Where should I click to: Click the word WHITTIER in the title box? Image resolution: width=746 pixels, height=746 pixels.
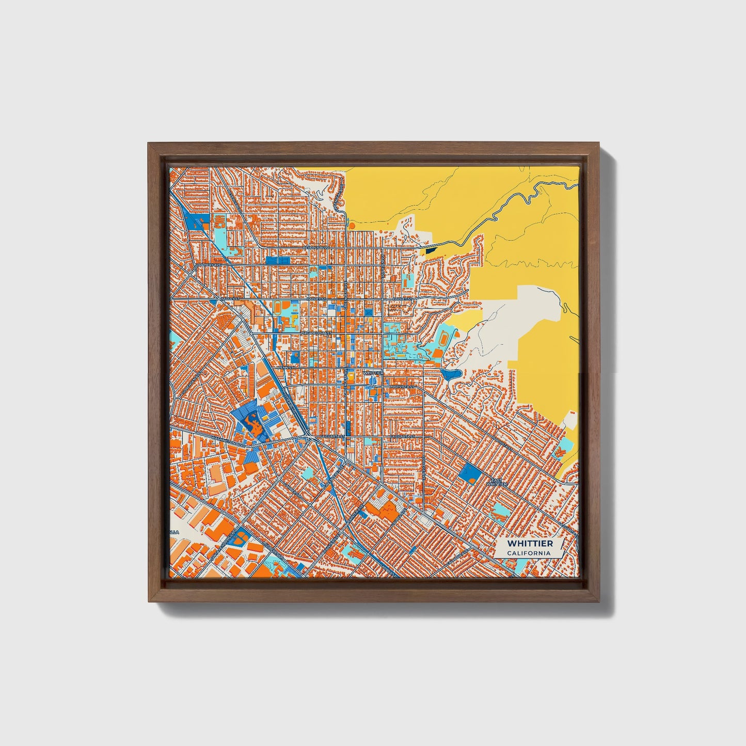point(530,544)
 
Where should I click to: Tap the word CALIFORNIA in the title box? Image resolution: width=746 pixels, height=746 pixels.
point(529,553)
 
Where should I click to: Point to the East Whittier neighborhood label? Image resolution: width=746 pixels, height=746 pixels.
point(497,482)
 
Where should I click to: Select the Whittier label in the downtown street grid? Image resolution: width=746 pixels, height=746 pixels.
point(373,372)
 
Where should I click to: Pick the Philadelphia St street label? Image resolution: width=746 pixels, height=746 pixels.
point(315,334)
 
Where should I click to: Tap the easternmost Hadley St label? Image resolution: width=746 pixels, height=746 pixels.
point(402,299)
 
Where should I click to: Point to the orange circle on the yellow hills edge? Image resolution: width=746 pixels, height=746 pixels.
point(352,225)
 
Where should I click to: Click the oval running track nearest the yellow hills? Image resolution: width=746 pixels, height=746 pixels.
point(443,339)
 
